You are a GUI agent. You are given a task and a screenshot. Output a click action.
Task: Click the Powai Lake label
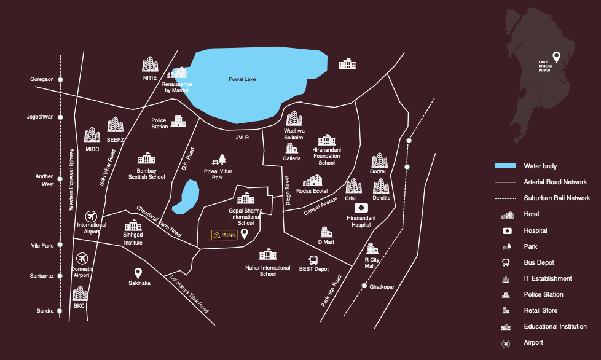coord(242,79)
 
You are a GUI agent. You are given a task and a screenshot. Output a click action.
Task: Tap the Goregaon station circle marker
coord(60,80)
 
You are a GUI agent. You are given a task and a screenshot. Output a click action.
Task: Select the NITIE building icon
coord(150,65)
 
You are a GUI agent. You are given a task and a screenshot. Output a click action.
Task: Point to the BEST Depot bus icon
coord(313,260)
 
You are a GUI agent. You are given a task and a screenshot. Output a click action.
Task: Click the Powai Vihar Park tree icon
coord(213,161)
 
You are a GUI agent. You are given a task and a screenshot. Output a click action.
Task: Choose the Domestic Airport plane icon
coord(82,259)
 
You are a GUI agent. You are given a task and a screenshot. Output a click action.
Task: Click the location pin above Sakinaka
coord(139,273)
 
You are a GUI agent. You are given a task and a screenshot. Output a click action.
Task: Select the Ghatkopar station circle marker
coord(364,286)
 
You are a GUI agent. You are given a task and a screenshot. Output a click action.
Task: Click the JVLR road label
coord(242,138)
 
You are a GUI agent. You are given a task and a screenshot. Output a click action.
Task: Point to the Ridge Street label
coord(287,190)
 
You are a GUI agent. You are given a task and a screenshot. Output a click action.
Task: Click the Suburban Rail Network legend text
coord(557,198)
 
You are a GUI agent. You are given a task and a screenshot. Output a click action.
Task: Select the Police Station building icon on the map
coord(178,120)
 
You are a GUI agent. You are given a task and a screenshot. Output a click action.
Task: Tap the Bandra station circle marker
coord(60,311)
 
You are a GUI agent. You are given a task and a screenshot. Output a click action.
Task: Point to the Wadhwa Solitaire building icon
coord(294,119)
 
